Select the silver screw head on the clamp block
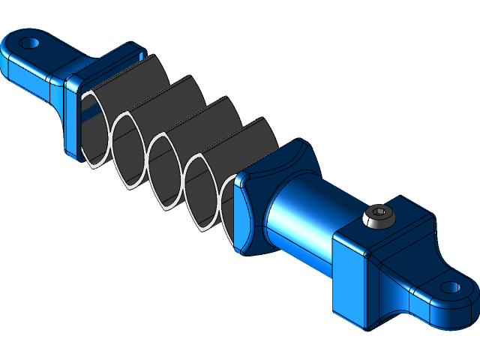379,218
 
